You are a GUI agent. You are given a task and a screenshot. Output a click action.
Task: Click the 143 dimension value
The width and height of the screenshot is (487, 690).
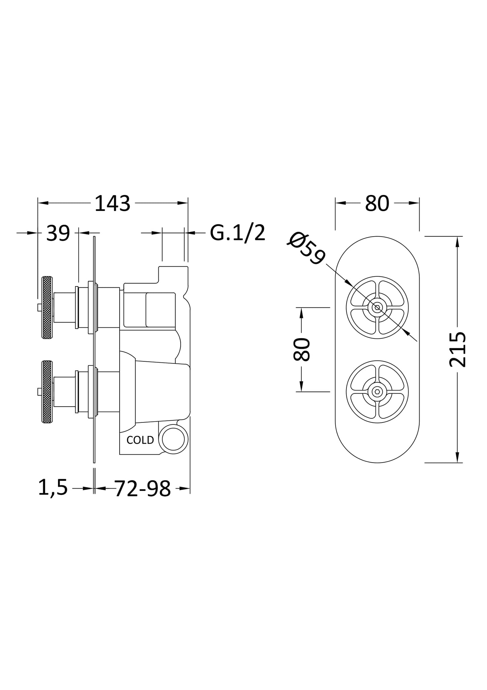[x=112, y=203]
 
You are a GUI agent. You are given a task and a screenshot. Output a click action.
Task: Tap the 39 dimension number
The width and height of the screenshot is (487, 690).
[x=58, y=233]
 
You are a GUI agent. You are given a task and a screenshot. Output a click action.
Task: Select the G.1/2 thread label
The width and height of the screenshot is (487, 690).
[x=237, y=233]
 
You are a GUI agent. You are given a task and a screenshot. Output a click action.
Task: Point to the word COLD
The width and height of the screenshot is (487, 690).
[x=140, y=440]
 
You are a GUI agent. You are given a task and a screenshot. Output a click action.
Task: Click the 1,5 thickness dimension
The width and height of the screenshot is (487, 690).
[x=53, y=488]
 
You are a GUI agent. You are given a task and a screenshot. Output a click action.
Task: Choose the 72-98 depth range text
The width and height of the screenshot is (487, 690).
[x=143, y=489]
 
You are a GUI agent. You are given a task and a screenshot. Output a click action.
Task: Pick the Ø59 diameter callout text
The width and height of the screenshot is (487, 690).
[x=306, y=248]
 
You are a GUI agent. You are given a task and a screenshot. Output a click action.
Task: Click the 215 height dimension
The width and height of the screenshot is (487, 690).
[x=457, y=349]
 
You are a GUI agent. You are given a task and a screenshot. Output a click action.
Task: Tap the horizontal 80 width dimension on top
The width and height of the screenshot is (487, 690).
[x=377, y=203]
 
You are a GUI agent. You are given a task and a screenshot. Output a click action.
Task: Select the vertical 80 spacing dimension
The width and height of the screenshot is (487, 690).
[x=301, y=349]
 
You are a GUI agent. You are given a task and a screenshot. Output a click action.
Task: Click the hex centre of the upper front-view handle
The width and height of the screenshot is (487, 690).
[x=377, y=307]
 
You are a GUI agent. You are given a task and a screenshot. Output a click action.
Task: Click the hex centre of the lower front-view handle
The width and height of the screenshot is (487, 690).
[x=377, y=392]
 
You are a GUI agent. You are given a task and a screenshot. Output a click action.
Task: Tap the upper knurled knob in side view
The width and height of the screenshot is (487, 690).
[x=47, y=307]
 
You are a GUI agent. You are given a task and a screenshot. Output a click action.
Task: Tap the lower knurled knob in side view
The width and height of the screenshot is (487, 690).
[x=47, y=392]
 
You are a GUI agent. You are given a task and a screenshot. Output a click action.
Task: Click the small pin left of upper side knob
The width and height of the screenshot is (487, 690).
[x=39, y=307]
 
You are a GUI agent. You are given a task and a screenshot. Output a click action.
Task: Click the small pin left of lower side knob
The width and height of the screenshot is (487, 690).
[x=39, y=392]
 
